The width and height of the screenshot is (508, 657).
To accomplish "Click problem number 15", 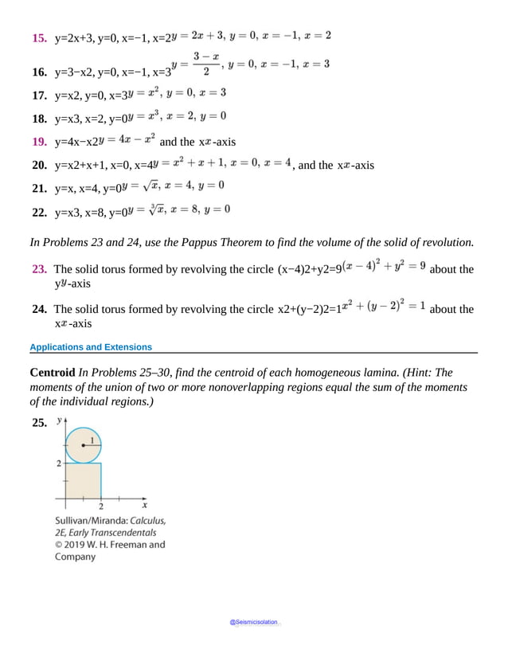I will pyautogui.click(x=37, y=38).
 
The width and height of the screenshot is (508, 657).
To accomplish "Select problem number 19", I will pyautogui.click(x=37, y=143).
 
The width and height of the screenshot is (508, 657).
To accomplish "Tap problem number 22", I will pyautogui.click(x=37, y=213).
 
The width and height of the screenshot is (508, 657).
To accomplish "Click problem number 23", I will pyautogui.click(x=37, y=269).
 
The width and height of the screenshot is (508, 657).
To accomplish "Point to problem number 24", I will pyautogui.click(x=37, y=309).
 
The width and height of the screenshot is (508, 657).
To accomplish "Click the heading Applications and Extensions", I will pyautogui.click(x=90, y=347).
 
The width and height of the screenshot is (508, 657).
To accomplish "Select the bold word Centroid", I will pyautogui.click(x=52, y=373).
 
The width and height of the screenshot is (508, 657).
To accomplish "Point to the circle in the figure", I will pyautogui.click(x=83, y=444).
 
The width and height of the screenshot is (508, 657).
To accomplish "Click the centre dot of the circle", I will pyautogui.click(x=83, y=445).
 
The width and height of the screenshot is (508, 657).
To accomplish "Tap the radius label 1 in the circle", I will pyautogui.click(x=92, y=440).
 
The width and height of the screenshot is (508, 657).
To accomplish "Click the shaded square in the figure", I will pyautogui.click(x=83, y=481).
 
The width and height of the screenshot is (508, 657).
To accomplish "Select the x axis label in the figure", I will pyautogui.click(x=144, y=504).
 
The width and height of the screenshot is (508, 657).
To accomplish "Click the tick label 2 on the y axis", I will pyautogui.click(x=58, y=463).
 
